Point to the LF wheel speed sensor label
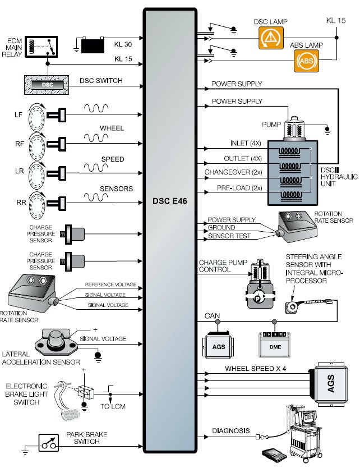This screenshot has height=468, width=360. coord(18,115)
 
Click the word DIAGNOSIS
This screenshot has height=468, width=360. coord(230,431)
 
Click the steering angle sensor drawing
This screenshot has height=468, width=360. coord(292,306)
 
